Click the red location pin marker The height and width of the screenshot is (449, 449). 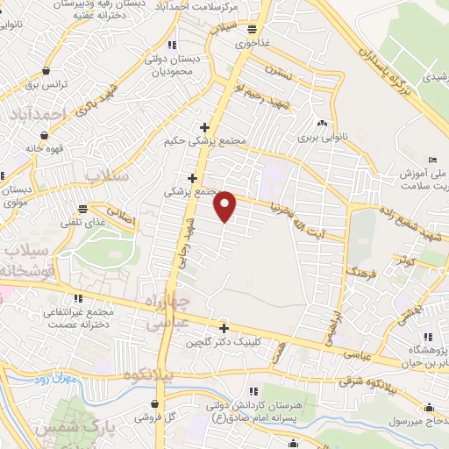click(x=225, y=206)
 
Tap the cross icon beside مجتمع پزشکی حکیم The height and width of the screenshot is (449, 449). click(x=204, y=127)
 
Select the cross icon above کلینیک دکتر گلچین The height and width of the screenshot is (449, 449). click(x=224, y=328)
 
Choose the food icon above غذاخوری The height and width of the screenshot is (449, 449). click(x=253, y=28)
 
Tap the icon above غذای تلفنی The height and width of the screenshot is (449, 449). click(x=83, y=209)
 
